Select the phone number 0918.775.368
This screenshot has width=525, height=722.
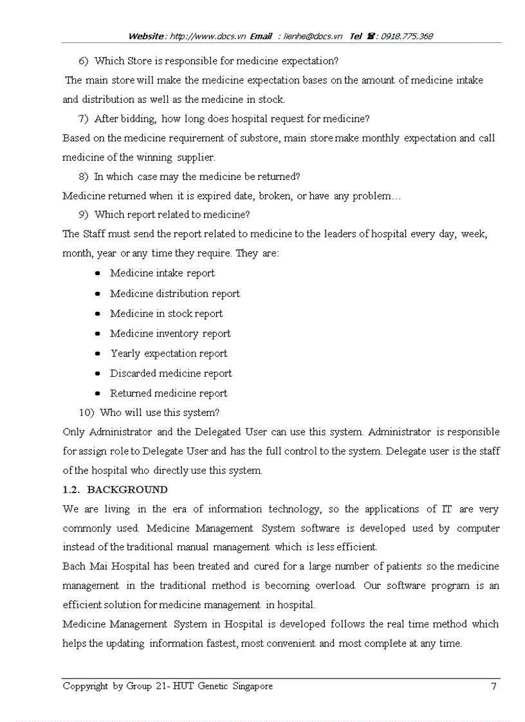(407, 37)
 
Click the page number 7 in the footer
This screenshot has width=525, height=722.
(493, 686)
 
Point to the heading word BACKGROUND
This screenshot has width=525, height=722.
(127, 490)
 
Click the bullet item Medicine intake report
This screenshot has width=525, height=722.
(162, 273)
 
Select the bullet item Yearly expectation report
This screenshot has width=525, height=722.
(169, 354)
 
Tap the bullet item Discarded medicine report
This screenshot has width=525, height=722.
(170, 374)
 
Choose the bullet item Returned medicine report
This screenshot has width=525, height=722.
(169, 393)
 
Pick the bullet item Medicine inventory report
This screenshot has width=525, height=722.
(170, 334)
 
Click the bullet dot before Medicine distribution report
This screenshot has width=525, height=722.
(97, 294)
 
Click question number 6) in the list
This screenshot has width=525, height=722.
(83, 61)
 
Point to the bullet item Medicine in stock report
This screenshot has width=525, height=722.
(166, 314)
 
